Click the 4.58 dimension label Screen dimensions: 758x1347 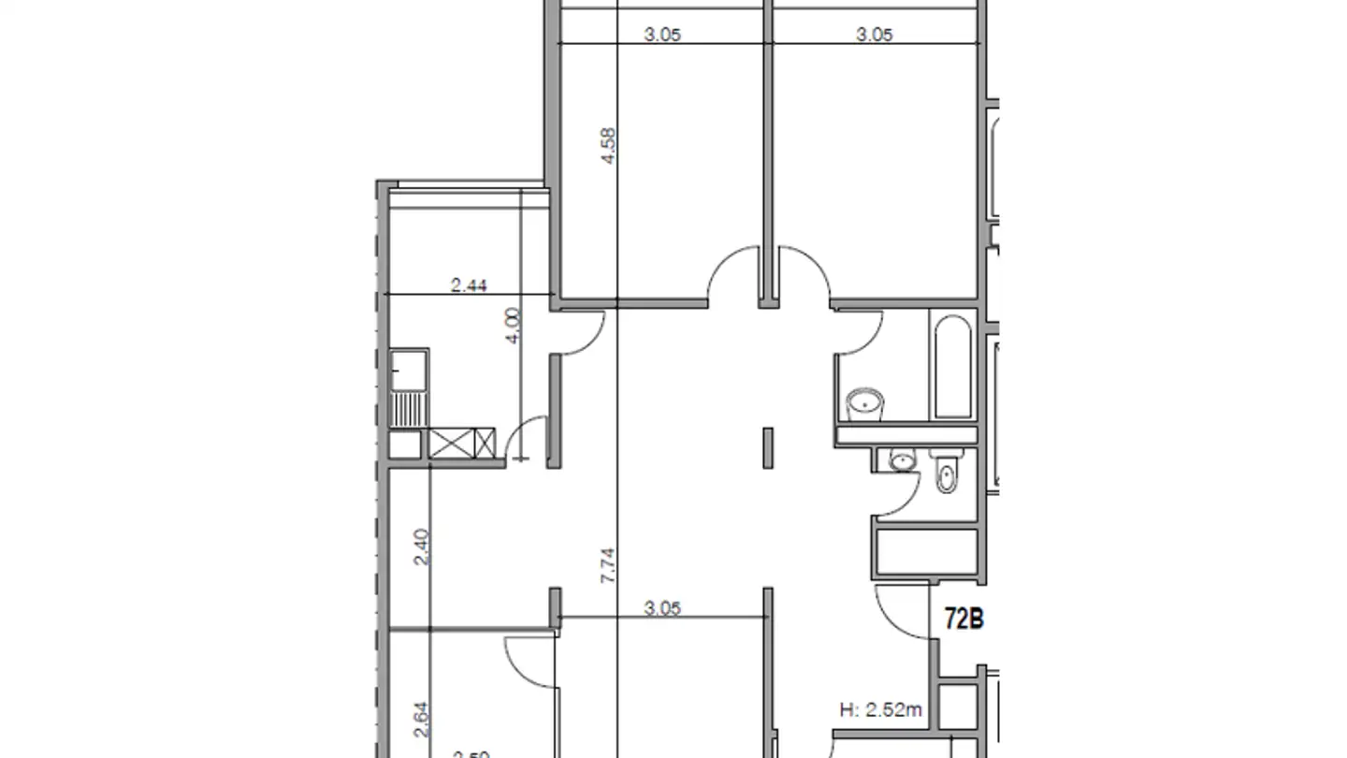coord(609,146)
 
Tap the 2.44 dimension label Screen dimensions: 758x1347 coord(469,285)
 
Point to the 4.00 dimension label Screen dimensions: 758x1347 coord(512,327)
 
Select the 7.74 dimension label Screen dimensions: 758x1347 coord(608,566)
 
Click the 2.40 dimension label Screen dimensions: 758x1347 coord(421,547)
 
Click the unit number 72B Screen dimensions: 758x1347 coord(964,619)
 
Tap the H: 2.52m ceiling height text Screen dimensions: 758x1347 coord(880,710)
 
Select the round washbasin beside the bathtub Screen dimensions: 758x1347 coord(864,405)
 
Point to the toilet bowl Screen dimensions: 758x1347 coord(946,474)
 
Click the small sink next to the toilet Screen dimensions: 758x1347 coord(902,459)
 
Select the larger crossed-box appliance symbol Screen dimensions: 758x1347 coord(463,443)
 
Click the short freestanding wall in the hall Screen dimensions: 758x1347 coord(768,448)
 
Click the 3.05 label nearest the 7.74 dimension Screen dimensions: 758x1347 coord(662,608)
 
